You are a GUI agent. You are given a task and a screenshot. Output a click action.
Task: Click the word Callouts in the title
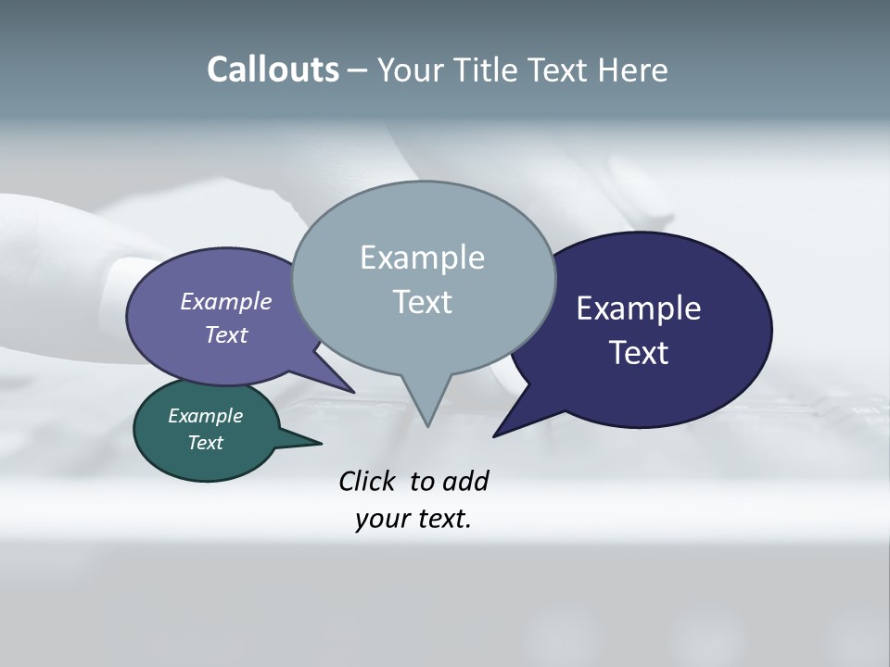coord(273,69)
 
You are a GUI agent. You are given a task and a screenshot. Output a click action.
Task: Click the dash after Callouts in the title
coord(358,70)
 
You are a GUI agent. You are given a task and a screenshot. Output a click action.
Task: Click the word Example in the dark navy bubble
coord(638,308)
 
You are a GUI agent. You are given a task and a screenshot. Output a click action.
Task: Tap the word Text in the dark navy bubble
coord(638,353)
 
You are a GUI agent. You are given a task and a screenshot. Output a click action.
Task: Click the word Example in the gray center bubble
coord(422,258)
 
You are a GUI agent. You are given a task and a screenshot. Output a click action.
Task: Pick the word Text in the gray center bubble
coord(422,302)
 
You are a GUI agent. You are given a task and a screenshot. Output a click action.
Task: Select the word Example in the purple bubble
coord(225,302)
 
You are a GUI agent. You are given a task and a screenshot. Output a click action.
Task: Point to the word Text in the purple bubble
coord(225,335)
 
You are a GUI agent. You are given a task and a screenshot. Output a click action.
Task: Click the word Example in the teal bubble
coord(205,416)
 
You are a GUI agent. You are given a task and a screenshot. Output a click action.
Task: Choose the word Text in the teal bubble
coord(205,443)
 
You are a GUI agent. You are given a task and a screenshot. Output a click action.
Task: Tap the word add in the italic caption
coord(464,482)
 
